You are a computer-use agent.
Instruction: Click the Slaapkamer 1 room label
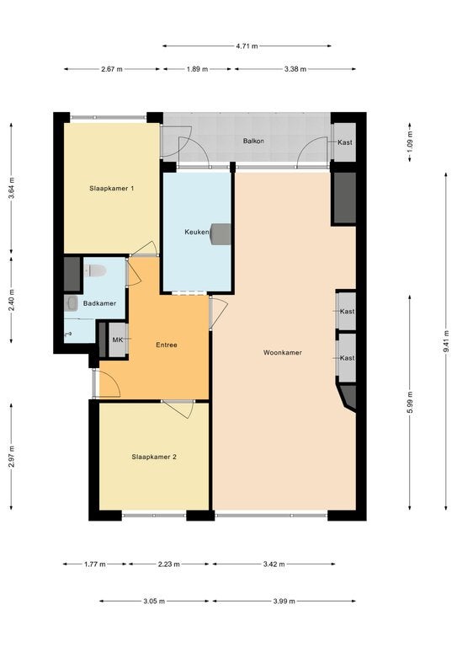(112, 189)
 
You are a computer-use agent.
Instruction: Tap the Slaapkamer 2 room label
(154, 457)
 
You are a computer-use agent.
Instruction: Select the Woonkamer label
(283, 352)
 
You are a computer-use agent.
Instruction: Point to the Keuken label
(197, 232)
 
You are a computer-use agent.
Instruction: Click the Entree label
(167, 345)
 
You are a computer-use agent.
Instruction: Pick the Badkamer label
(99, 303)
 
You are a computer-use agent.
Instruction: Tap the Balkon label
(253, 141)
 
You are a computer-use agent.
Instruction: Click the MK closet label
(118, 340)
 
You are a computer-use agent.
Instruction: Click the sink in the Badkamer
(72, 303)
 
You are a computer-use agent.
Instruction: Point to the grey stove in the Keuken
(221, 234)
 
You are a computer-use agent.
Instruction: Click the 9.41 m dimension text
(446, 342)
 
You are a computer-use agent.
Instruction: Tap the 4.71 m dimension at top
(247, 46)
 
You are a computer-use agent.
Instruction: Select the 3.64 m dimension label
(11, 188)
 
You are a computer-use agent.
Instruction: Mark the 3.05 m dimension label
(154, 602)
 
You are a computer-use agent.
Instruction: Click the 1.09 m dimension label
(410, 142)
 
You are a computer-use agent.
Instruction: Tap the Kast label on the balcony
(345, 142)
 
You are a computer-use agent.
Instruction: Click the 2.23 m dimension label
(168, 564)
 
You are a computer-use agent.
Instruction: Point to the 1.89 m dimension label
(197, 69)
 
